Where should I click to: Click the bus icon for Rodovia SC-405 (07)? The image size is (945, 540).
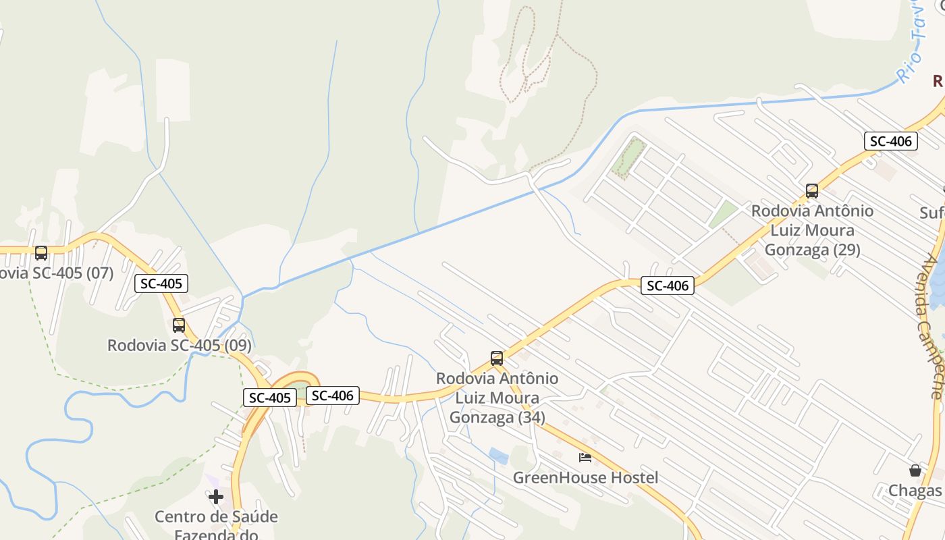point(41,253)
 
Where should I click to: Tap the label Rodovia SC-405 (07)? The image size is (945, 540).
point(57,273)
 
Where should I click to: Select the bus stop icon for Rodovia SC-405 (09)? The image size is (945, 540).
point(179,325)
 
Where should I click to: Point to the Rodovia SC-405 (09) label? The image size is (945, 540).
point(180,346)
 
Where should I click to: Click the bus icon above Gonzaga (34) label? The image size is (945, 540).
point(497,358)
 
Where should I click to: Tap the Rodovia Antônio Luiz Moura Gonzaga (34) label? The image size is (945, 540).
point(497,398)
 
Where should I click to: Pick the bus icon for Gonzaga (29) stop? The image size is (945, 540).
point(812,191)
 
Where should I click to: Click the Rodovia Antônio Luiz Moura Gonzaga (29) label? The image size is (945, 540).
point(812,230)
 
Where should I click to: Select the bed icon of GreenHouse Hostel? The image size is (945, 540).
point(585,458)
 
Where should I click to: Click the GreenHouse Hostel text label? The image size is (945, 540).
point(585,478)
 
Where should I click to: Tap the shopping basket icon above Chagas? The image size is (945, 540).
point(915,470)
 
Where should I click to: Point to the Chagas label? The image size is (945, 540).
point(915,491)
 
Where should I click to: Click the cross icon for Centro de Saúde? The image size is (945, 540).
point(216,497)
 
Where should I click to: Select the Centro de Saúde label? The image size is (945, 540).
point(216,517)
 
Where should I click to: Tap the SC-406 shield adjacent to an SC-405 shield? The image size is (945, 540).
point(333,396)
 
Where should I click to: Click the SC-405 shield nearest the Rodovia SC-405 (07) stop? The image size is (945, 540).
point(161,283)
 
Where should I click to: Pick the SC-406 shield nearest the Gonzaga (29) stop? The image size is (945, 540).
point(891,141)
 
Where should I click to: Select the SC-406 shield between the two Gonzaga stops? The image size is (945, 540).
point(668,286)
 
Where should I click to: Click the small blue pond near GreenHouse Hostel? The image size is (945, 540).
point(499,456)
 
